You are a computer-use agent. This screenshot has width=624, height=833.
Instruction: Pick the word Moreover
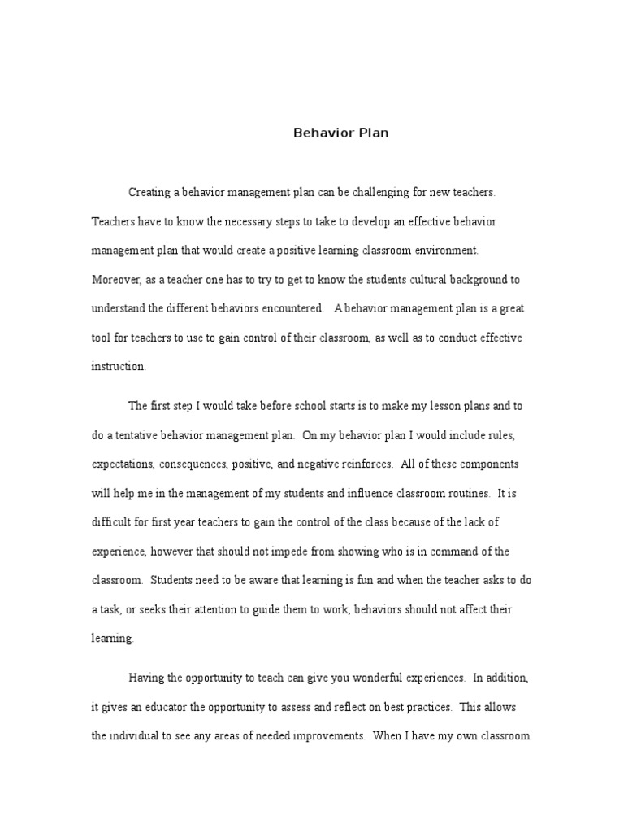(x=115, y=280)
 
